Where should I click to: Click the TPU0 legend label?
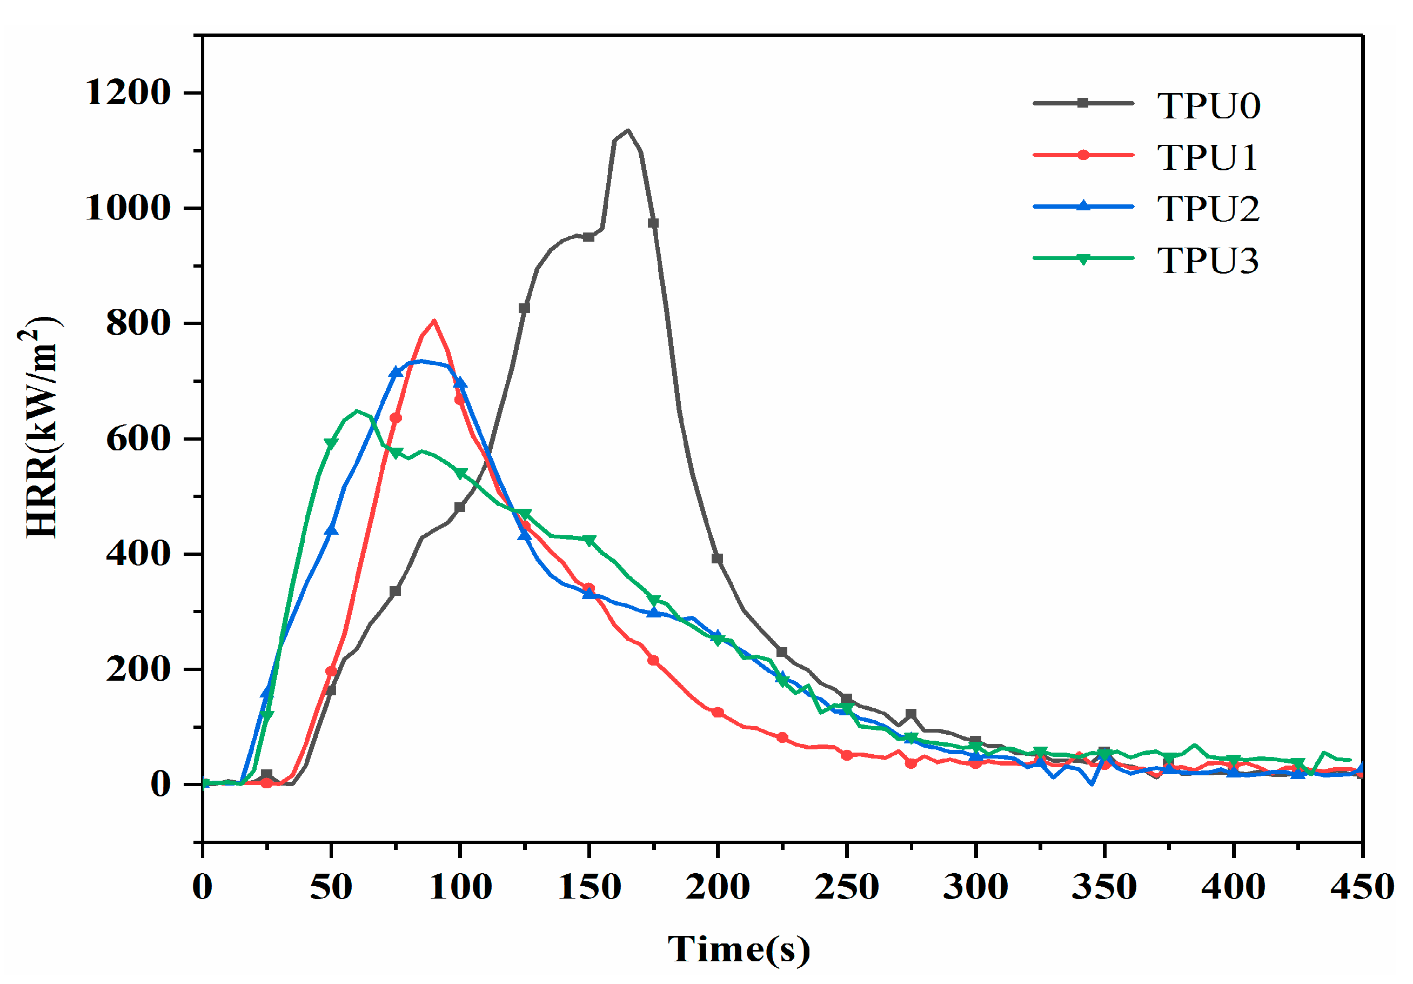[1208, 106]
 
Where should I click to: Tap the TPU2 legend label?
[1208, 209]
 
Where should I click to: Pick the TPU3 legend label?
[1208, 261]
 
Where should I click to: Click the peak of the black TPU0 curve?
[628, 130]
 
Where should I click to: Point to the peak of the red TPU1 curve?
[434, 320]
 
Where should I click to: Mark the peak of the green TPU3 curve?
[357, 410]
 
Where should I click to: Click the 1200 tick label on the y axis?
[128, 93]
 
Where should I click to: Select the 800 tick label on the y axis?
[138, 323]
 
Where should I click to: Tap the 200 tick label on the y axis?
[138, 669]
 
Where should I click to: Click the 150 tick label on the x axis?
[589, 887]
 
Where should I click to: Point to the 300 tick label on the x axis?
[975, 887]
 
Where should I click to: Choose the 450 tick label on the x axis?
[1362, 887]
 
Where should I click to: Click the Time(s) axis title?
[739, 949]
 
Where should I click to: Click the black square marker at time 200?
[717, 559]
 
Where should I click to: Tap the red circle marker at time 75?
[396, 418]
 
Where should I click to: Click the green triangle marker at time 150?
[589, 541]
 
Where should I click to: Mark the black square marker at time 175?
[653, 223]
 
